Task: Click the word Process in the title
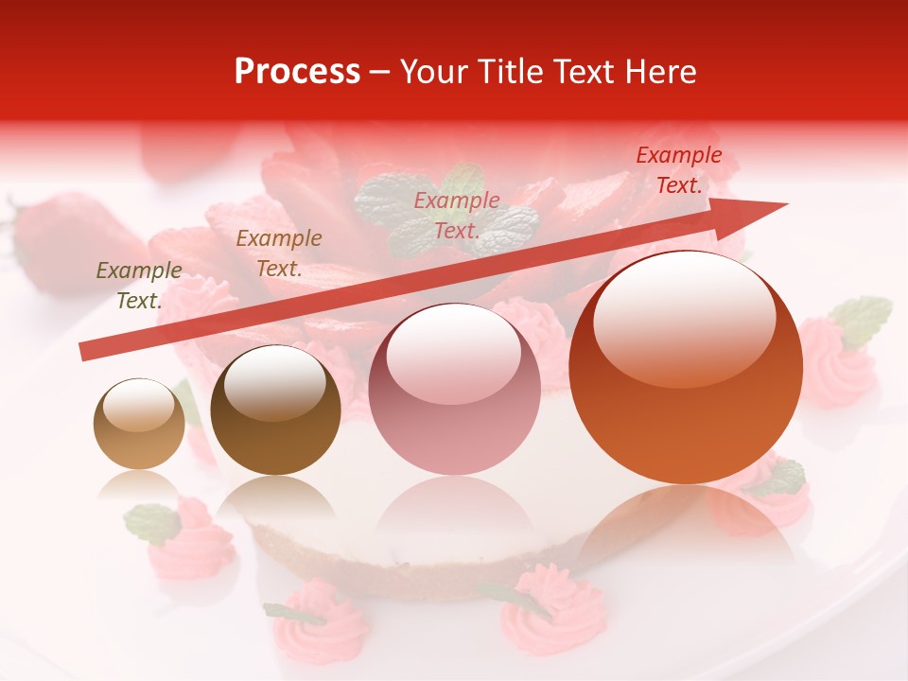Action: [x=297, y=72]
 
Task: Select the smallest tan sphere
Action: [x=139, y=424]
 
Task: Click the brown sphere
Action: [x=275, y=410]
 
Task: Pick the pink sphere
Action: [x=454, y=389]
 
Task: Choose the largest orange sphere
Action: [x=686, y=367]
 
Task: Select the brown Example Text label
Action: [x=279, y=253]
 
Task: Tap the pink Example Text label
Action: [x=457, y=216]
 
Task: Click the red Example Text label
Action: [x=679, y=170]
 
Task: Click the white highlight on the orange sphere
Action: [x=684, y=317]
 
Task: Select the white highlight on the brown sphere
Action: [x=274, y=381]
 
